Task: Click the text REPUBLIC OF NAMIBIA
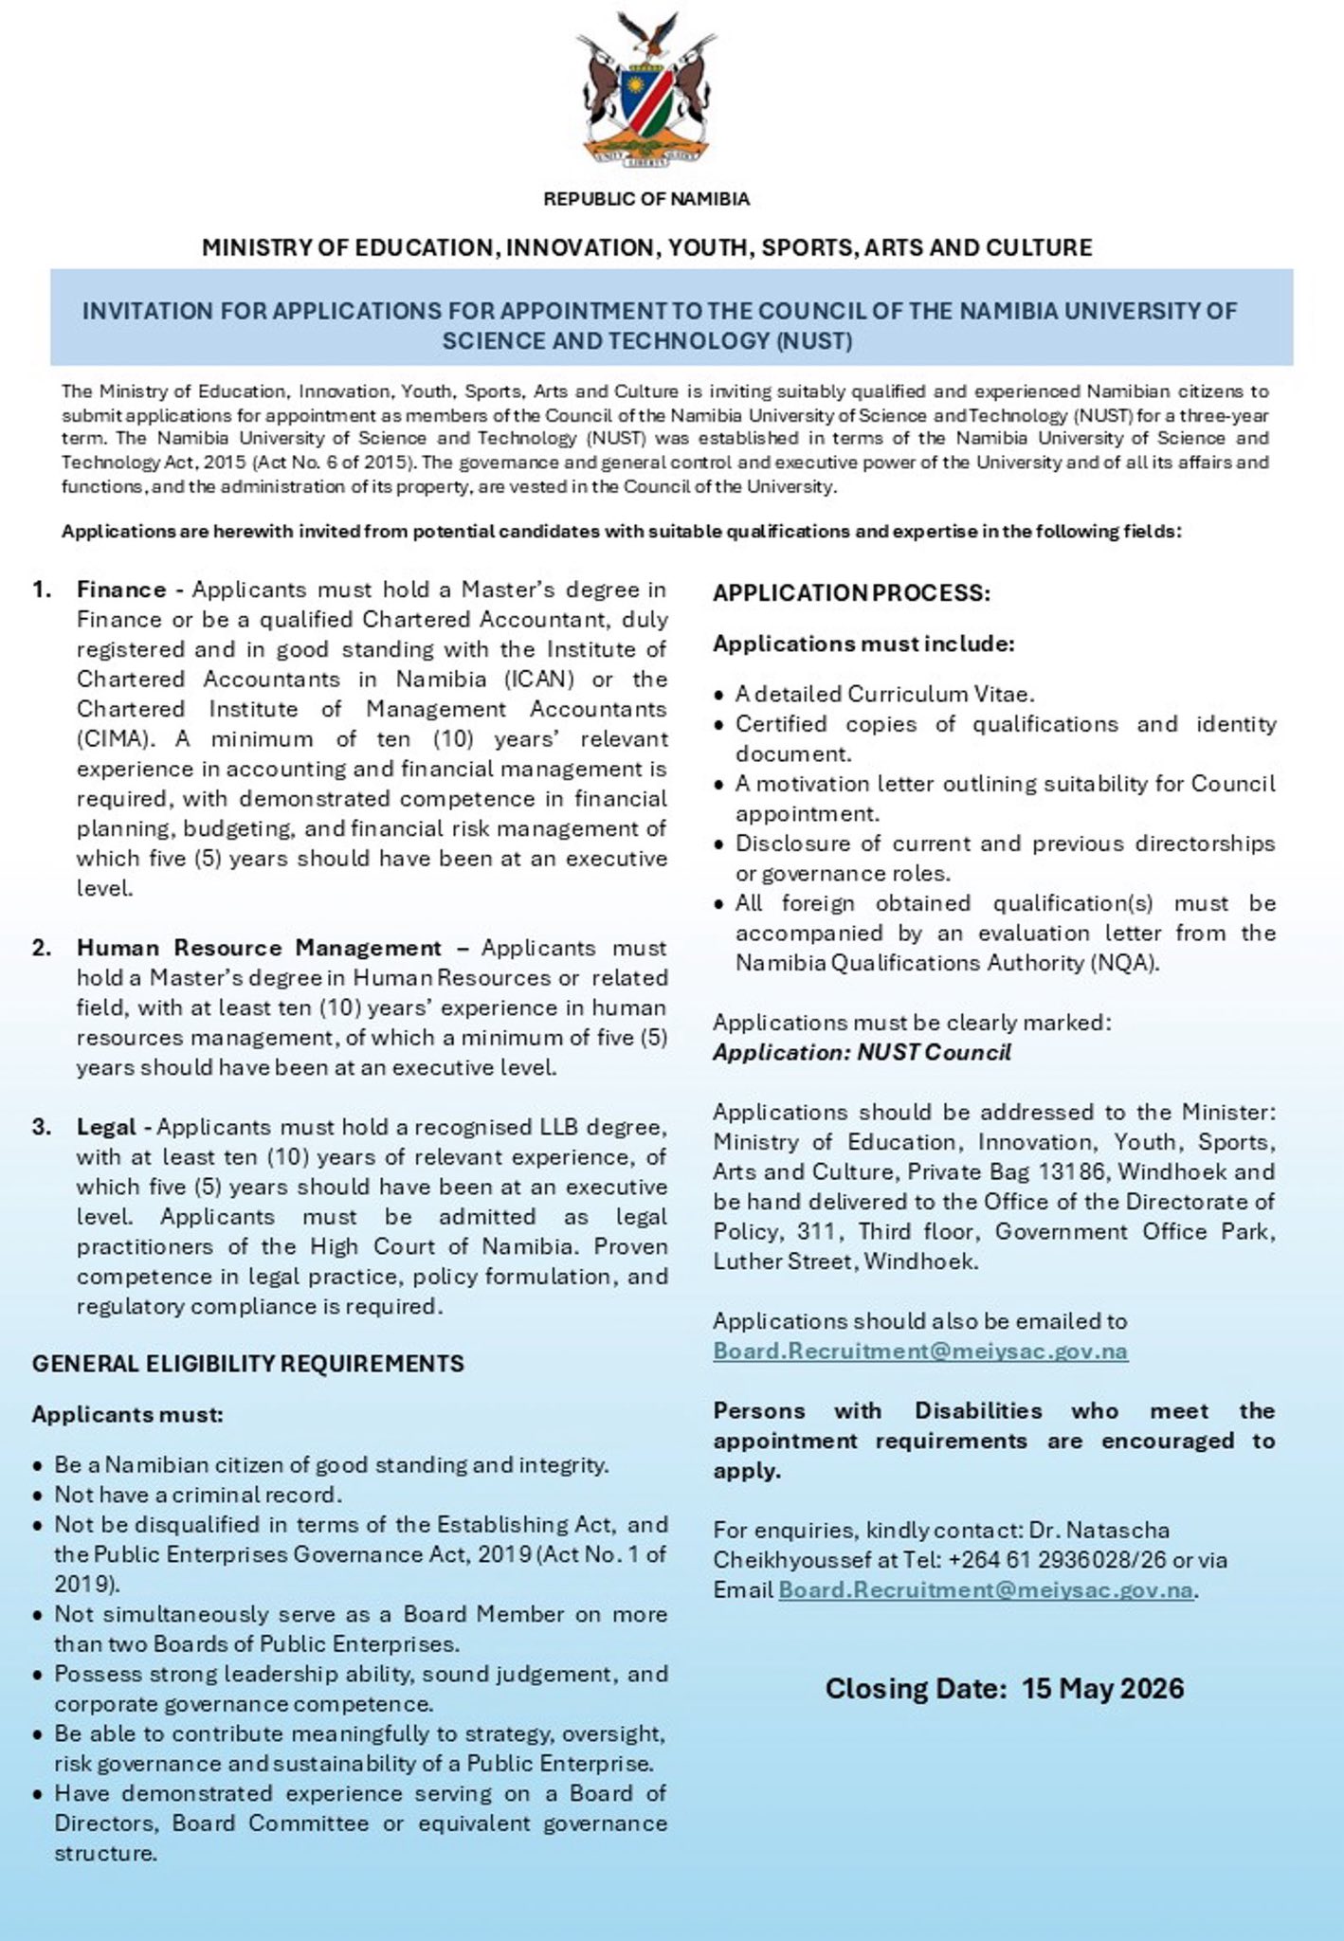click(x=646, y=199)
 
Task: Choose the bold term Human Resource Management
click(x=259, y=948)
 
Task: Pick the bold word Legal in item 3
click(x=106, y=1127)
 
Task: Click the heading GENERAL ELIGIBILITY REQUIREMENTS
click(x=248, y=1364)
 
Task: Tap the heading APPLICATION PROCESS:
click(x=851, y=593)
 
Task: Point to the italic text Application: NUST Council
click(x=862, y=1052)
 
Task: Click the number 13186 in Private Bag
click(x=1071, y=1171)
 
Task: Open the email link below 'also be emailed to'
click(x=920, y=1351)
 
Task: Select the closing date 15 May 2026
click(x=1103, y=1688)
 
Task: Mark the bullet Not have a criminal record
click(x=197, y=1495)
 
